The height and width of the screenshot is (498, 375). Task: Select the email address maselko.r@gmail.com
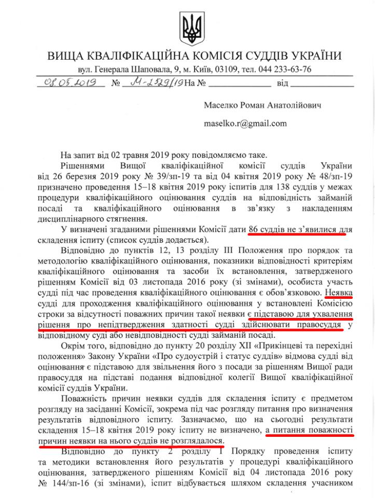[245, 123]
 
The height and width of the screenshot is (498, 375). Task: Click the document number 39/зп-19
[165, 175]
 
